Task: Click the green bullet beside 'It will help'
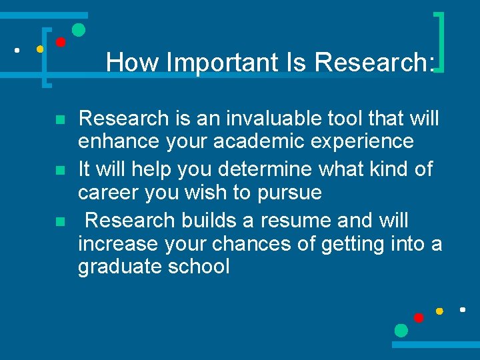coord(59,171)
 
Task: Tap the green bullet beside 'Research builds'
coord(59,221)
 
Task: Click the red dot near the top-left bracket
coord(60,42)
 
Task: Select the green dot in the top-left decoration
coord(78,30)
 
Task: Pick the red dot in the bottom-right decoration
coord(419,317)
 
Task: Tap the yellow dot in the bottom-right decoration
coord(439,311)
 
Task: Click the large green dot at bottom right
coord(401,330)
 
